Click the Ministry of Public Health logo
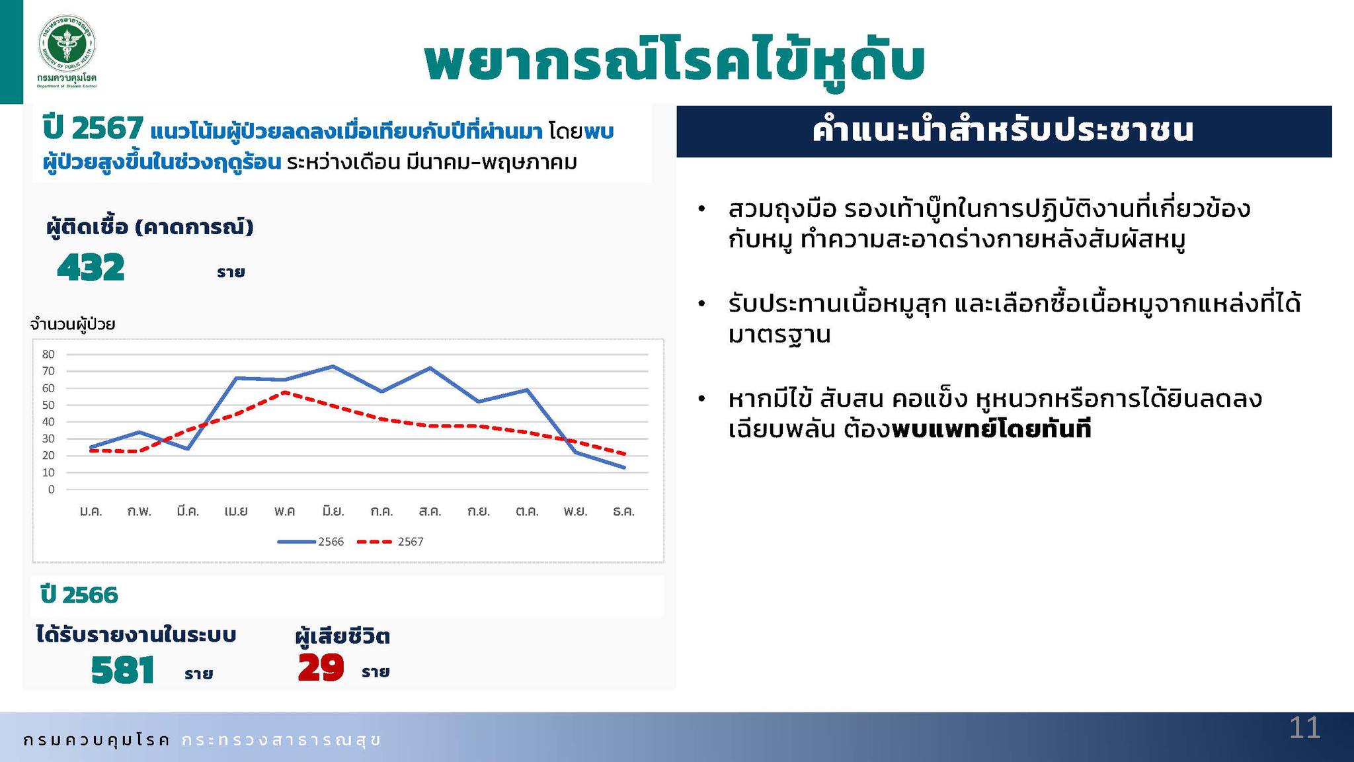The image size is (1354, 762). tap(67, 52)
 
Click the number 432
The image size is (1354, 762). tap(91, 268)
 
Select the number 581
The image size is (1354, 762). tap(123, 669)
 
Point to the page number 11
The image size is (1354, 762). tap(1304, 728)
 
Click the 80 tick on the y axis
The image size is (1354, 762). tap(48, 355)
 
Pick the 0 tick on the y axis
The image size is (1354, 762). tap(52, 489)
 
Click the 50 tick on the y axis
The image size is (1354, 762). tap(48, 405)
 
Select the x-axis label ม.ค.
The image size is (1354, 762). tap(91, 511)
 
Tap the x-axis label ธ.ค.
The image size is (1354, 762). tap(623, 511)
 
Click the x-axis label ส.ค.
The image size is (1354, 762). tap(430, 511)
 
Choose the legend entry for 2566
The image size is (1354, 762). tap(311, 542)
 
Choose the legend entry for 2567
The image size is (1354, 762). tap(390, 542)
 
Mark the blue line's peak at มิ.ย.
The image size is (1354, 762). tap(333, 366)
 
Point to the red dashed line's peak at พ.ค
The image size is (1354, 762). tap(284, 392)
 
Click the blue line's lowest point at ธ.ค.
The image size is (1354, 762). tap(624, 468)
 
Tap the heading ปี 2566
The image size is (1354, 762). tap(79, 595)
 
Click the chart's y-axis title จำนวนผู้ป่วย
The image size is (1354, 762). tap(73, 324)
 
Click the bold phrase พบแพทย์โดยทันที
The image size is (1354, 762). tap(991, 430)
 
